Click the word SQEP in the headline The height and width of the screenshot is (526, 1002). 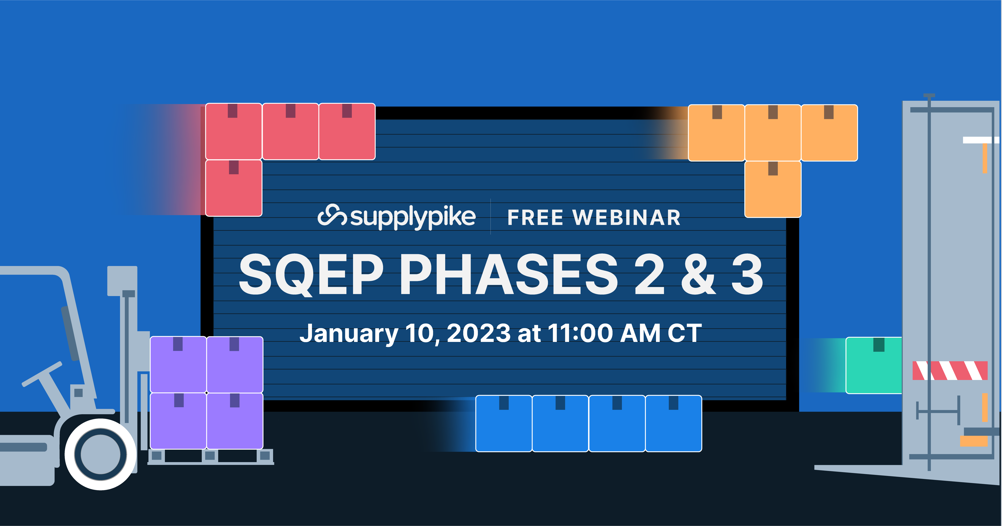point(311,274)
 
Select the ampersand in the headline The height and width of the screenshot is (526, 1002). point(698,274)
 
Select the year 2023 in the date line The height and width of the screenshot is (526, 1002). point(478,334)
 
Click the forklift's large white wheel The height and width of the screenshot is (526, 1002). point(100,454)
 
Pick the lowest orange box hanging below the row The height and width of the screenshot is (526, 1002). point(773,189)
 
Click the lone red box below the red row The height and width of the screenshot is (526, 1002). point(233,188)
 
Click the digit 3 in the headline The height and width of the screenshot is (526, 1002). point(747,274)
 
